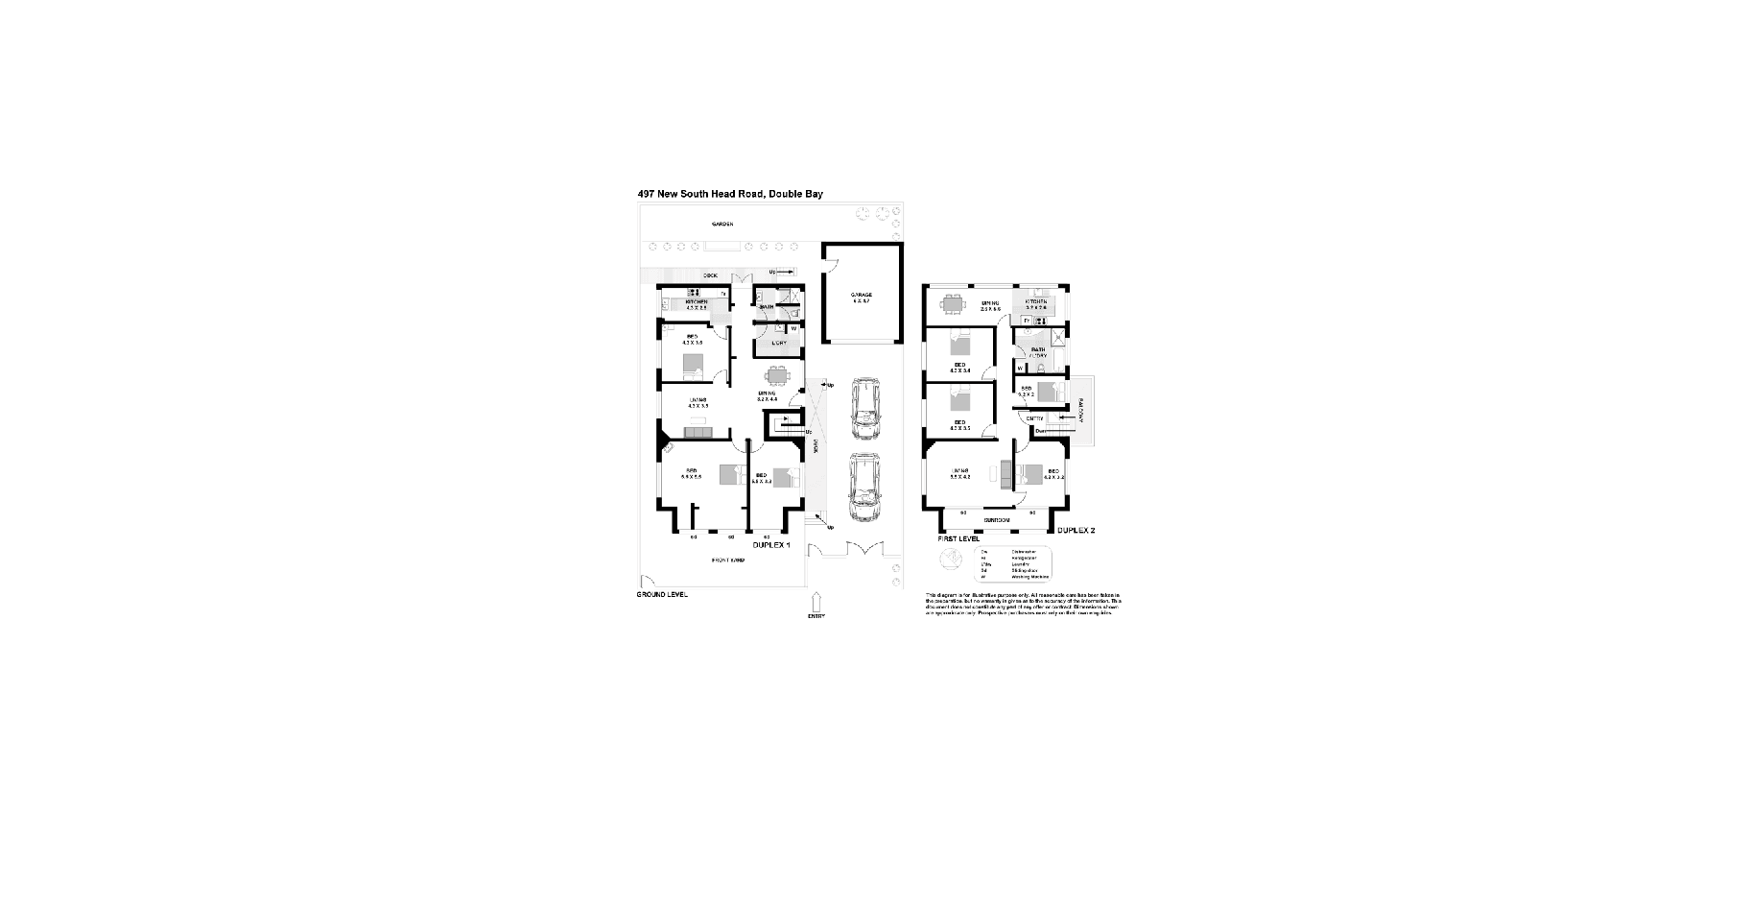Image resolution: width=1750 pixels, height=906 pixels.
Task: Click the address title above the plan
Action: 730,195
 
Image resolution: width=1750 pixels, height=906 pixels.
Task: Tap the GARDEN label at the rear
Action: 722,225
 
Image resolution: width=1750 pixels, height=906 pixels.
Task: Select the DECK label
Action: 710,275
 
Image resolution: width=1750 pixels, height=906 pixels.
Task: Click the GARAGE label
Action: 861,298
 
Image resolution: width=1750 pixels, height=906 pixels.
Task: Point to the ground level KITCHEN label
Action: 696,303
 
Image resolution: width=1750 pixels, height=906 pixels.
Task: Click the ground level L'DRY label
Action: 778,343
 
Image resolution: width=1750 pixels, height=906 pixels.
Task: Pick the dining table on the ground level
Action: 778,375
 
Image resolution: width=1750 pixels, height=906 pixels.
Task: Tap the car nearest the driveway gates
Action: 864,486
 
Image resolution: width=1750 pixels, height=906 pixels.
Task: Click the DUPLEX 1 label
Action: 771,544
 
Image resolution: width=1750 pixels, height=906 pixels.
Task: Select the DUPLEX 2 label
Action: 1075,530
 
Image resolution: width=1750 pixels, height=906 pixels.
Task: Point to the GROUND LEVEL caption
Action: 662,594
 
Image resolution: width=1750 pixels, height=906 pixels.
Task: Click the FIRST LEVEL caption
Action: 952,538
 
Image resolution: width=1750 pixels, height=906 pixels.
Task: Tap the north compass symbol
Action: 950,560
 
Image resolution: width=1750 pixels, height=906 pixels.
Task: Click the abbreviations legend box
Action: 1012,564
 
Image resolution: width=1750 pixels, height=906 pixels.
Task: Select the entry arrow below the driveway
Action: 816,603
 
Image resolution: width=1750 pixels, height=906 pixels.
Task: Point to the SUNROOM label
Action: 997,520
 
